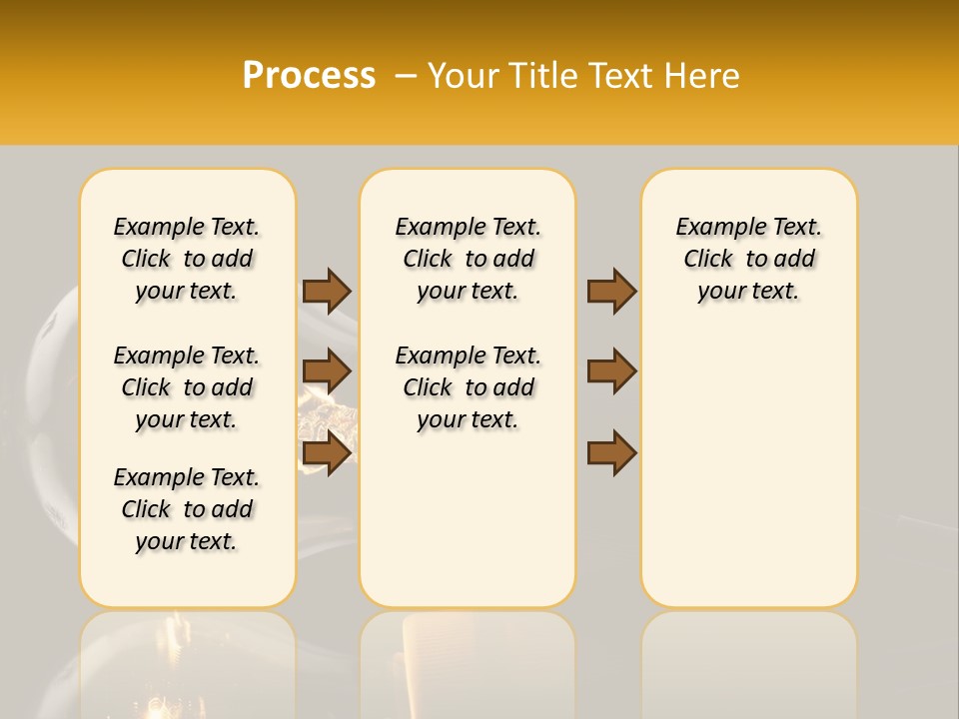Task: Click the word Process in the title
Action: point(309,75)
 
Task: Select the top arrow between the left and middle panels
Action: point(327,291)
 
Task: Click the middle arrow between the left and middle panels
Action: point(327,371)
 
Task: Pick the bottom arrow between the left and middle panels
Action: point(327,453)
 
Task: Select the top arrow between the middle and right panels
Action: point(611,291)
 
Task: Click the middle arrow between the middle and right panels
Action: point(611,371)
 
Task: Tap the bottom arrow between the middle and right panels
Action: point(611,453)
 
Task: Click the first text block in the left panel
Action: point(187,259)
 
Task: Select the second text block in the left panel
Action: point(187,387)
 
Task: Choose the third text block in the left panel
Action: point(187,509)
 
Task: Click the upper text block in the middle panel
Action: point(468,259)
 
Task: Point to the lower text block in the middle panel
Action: point(468,387)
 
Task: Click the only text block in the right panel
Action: point(748,259)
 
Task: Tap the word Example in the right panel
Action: point(713,228)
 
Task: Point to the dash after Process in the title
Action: point(405,75)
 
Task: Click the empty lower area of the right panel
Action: point(748,469)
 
